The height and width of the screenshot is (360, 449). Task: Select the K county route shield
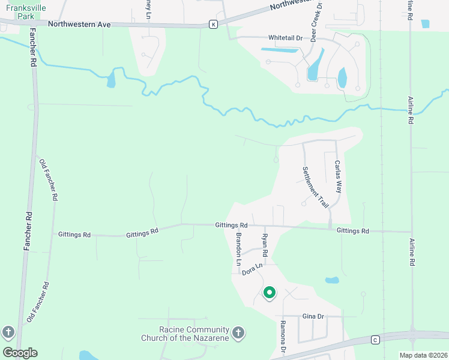tap(213, 24)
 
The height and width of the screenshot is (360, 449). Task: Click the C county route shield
tap(375, 339)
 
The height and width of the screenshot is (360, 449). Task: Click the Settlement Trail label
tap(316, 187)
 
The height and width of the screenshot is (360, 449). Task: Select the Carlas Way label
tap(339, 176)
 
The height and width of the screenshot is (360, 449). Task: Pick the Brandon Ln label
tap(238, 249)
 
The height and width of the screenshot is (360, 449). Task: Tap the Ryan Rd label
tap(264, 247)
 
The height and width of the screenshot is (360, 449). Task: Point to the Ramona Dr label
tap(282, 337)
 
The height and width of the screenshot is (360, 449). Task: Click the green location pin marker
tap(270, 293)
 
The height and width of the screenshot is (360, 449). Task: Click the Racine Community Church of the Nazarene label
tap(194, 334)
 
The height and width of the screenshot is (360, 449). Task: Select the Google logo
tap(20, 352)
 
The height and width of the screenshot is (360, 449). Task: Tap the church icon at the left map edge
tap(8, 332)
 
